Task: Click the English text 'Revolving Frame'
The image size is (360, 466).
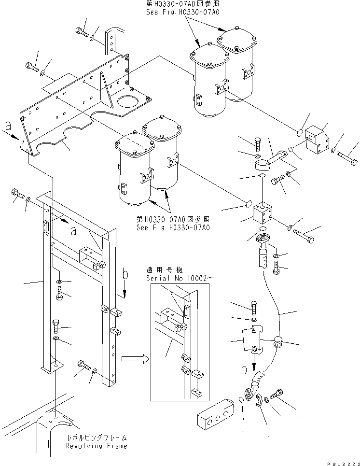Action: [x=97, y=446]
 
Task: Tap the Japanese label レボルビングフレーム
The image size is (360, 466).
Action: [x=96, y=438]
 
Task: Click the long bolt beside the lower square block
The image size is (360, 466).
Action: [x=303, y=236]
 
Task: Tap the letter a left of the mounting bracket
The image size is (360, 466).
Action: [x=7, y=127]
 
